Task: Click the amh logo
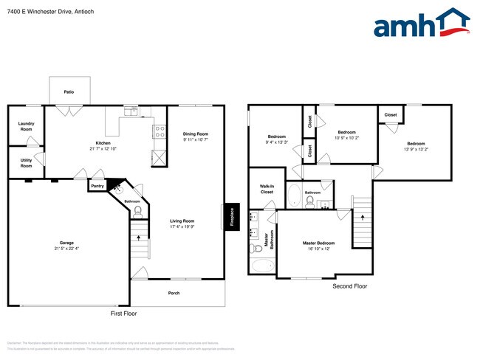(x=421, y=24)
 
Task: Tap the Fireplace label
(x=232, y=216)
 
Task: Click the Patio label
(x=69, y=92)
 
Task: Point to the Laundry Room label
(x=26, y=126)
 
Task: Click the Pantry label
(x=97, y=187)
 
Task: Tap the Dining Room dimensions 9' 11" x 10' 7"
(x=196, y=139)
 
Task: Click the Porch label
(x=174, y=293)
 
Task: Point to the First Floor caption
(x=123, y=314)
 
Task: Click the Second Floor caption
(x=349, y=286)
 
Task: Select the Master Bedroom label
(x=319, y=243)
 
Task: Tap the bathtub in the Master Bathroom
(x=262, y=266)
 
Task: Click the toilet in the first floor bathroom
(x=137, y=211)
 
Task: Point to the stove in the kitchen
(x=158, y=132)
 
